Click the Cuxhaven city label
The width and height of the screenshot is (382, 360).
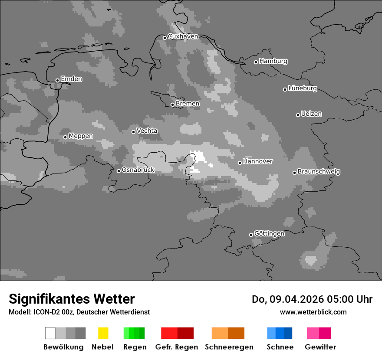click(x=183, y=36)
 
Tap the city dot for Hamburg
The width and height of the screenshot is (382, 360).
click(x=256, y=62)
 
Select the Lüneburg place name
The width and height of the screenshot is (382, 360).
click(x=303, y=88)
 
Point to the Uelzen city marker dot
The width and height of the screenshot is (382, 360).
click(x=298, y=115)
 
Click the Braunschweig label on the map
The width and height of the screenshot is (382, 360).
click(x=319, y=172)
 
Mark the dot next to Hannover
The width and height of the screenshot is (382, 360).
click(x=240, y=163)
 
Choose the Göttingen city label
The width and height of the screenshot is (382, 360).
click(x=269, y=234)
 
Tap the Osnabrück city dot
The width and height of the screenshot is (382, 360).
click(x=119, y=171)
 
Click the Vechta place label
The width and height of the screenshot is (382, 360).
click(x=147, y=131)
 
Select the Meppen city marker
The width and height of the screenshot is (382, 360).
click(x=65, y=137)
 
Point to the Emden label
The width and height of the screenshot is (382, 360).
click(x=71, y=79)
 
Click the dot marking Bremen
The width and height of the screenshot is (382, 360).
click(x=172, y=105)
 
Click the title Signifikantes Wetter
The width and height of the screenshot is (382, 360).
click(x=72, y=299)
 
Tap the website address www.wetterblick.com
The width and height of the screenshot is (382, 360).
click(x=313, y=312)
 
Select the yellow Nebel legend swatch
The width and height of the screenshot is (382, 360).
click(x=103, y=333)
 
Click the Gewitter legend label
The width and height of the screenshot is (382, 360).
click(x=320, y=347)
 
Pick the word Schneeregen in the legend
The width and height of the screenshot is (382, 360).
click(x=229, y=347)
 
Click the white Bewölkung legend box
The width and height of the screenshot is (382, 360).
click(x=50, y=333)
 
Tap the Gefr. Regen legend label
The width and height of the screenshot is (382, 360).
click(x=176, y=347)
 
